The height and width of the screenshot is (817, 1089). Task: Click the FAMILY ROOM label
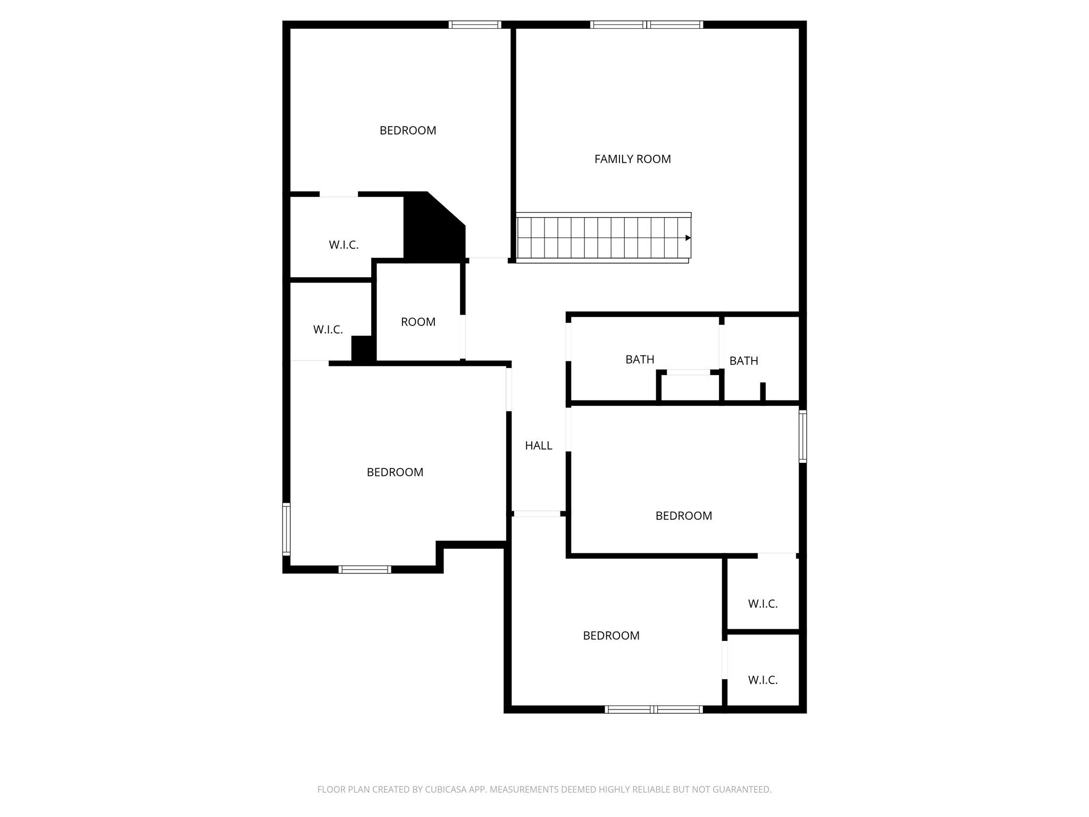(x=632, y=159)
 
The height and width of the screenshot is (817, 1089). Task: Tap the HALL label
(x=538, y=446)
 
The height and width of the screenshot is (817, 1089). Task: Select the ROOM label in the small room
(x=418, y=322)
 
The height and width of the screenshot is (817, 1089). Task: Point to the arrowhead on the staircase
(x=688, y=238)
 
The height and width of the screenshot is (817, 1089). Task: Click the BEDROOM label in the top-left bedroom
(x=407, y=130)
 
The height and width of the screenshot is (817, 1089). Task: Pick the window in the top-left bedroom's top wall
(x=474, y=24)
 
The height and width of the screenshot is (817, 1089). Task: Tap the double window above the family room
(x=646, y=24)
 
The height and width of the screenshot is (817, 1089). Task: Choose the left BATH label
(x=640, y=360)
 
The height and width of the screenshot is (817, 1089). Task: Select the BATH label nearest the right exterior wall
(x=743, y=361)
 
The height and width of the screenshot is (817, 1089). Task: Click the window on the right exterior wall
(x=803, y=436)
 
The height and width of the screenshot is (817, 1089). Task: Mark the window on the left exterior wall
(x=286, y=529)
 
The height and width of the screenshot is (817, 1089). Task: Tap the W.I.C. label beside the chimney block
(x=344, y=245)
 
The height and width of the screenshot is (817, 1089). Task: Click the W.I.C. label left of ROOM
(x=328, y=330)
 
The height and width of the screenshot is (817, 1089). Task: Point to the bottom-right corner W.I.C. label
(x=763, y=680)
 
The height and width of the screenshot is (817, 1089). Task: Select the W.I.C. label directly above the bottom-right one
(x=763, y=604)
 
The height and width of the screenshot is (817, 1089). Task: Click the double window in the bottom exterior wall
(x=654, y=709)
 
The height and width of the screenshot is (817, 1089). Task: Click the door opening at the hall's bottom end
(x=537, y=514)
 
